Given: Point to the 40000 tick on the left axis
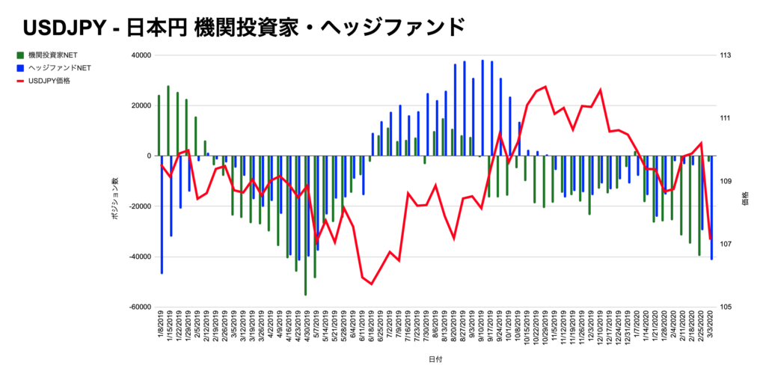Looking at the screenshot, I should (141, 55).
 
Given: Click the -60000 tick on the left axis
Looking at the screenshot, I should (139, 307).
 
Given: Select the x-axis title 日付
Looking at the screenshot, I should (435, 359).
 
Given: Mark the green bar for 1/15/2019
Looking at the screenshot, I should (168, 120).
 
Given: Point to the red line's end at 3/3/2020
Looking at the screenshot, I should (710, 239).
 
